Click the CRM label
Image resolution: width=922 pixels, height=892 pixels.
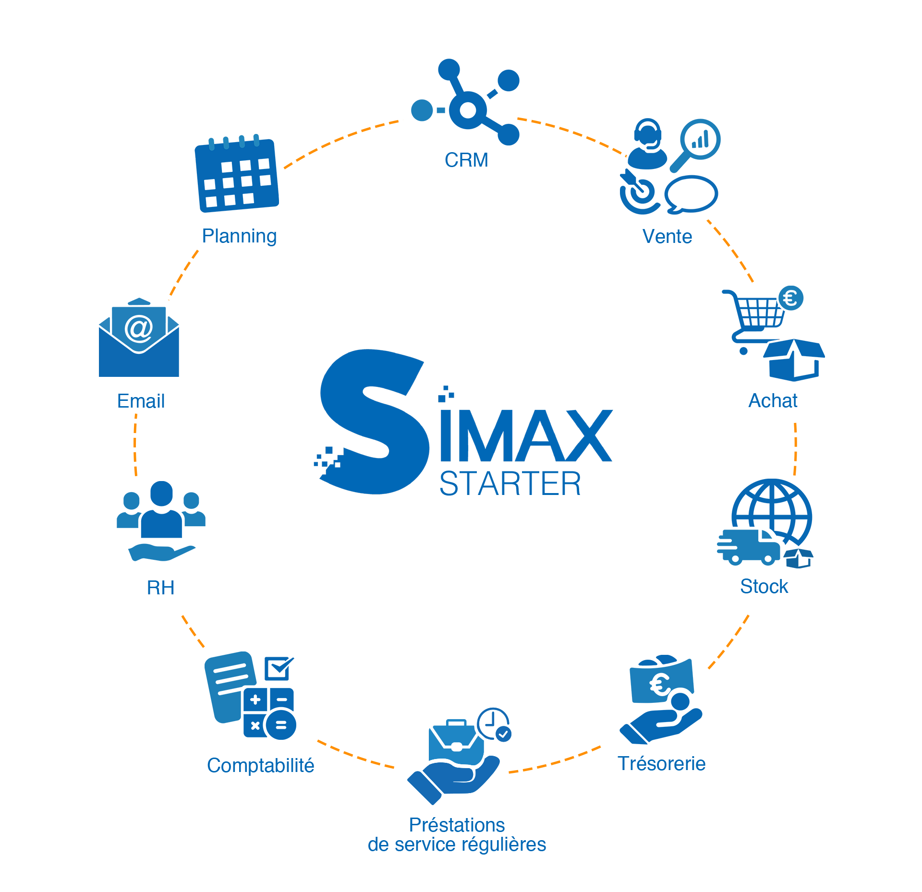click(466, 160)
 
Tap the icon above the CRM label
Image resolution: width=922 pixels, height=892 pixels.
click(465, 102)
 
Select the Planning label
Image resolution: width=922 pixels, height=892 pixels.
click(239, 236)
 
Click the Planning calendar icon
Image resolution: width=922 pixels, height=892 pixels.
click(236, 173)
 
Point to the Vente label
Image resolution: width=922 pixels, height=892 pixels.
click(667, 236)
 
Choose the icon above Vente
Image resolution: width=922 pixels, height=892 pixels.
click(670, 166)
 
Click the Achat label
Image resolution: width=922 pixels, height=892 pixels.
click(773, 400)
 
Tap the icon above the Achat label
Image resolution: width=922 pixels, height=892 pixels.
click(773, 333)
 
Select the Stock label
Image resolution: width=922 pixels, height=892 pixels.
click(764, 586)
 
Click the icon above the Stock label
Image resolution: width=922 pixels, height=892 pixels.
click(764, 523)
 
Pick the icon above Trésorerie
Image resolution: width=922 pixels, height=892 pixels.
click(661, 699)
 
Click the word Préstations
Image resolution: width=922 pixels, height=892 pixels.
click(457, 825)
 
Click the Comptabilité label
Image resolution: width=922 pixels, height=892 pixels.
click(260, 765)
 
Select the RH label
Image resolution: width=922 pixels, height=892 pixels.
click(160, 587)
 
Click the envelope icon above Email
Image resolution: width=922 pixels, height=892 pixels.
click(139, 337)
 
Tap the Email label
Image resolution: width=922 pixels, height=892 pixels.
click(141, 401)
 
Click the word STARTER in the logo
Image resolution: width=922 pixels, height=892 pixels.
click(510, 483)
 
